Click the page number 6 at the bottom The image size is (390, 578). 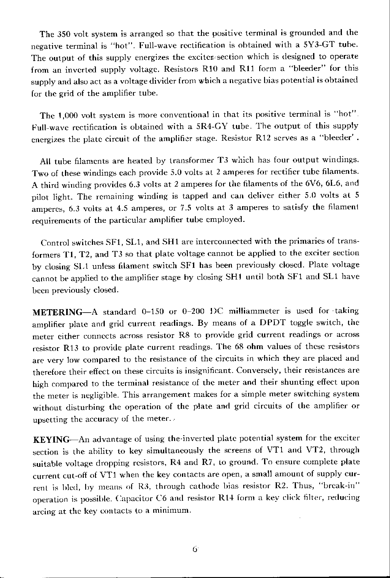[x=195, y=549]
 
